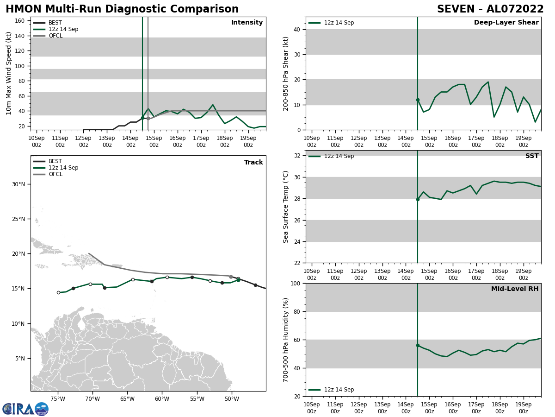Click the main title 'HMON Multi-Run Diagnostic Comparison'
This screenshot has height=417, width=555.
point(122,9)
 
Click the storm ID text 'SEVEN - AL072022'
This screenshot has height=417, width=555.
point(490,9)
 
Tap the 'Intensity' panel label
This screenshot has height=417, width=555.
point(247,23)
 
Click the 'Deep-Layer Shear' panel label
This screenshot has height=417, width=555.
point(506,23)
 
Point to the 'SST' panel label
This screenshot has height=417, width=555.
point(532,156)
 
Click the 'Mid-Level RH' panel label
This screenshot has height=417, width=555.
point(515,289)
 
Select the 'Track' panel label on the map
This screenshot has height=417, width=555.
point(253,163)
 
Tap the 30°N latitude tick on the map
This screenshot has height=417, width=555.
point(18,184)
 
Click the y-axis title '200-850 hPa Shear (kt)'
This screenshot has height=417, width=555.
point(286,73)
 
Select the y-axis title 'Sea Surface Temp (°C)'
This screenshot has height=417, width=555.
point(286,207)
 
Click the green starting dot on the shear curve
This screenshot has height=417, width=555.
point(418,100)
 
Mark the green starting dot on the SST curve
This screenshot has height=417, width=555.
point(418,199)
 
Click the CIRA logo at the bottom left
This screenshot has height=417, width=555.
point(25,409)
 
